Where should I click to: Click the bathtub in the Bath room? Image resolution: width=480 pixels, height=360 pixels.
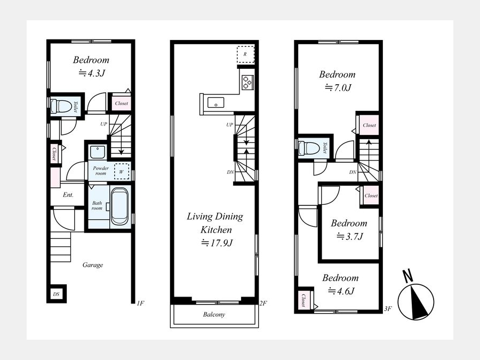(x=119, y=206)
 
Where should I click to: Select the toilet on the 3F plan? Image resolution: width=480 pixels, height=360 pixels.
(x=309, y=148)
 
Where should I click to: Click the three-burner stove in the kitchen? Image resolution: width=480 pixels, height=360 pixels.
(x=247, y=82)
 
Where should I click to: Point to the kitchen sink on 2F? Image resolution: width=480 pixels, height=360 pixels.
(x=216, y=102)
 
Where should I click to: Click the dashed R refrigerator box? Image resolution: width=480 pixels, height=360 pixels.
(x=245, y=54)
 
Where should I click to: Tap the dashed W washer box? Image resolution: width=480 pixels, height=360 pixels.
(x=122, y=171)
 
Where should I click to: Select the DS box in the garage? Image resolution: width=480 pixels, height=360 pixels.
(x=57, y=294)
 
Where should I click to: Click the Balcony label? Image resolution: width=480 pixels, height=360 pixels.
(x=214, y=314)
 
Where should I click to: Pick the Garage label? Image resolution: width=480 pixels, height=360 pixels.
(x=93, y=265)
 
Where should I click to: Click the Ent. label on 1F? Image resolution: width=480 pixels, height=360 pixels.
(x=68, y=195)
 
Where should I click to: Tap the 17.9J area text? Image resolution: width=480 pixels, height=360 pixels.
(x=217, y=243)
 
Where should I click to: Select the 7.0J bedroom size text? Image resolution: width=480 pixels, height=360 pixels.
(x=338, y=87)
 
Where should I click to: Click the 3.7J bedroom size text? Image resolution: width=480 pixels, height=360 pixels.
(x=350, y=236)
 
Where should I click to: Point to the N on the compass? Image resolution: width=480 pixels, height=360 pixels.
(x=407, y=276)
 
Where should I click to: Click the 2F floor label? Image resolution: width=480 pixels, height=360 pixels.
(x=263, y=303)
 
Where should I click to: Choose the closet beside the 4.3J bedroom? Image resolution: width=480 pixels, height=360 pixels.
(x=121, y=103)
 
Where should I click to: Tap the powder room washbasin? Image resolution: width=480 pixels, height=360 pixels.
(x=97, y=152)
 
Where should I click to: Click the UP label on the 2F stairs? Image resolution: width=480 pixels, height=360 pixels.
(x=229, y=125)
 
